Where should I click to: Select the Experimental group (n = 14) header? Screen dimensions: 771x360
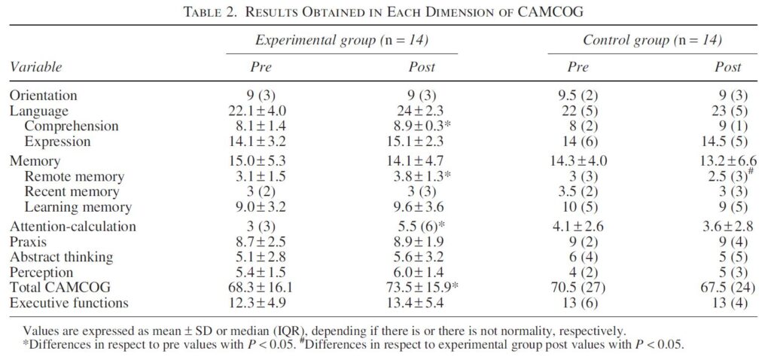342,41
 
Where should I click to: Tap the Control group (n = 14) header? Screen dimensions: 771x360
652,41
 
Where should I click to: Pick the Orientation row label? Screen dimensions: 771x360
43,95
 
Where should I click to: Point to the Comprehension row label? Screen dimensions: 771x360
72,126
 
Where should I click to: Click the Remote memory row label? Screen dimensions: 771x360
75,176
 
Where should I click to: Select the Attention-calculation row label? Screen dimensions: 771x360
73,226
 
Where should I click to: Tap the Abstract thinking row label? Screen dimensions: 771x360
61,257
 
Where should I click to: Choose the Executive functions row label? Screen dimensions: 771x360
69,303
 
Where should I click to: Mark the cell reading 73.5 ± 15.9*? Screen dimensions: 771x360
422,287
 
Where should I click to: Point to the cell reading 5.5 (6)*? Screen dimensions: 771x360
422,226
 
